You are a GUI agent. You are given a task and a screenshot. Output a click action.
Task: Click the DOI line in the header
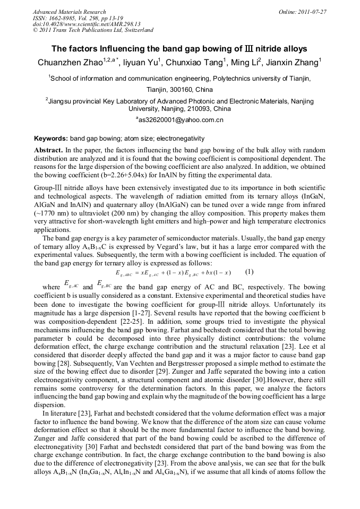coord(87,24)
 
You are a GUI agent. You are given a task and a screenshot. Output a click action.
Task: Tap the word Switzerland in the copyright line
coord(138,30)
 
